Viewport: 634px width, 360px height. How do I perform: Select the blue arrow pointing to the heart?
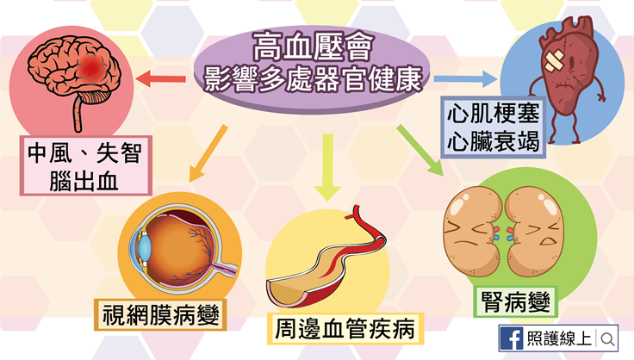pyautogui.click(x=466, y=80)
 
